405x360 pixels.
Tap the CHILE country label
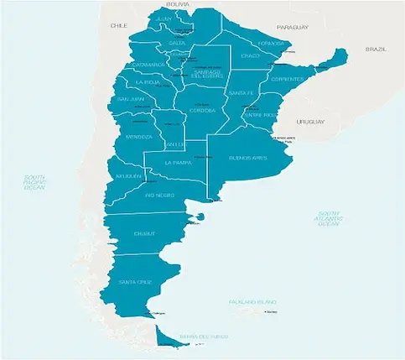click(x=118, y=26)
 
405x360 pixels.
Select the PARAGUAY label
click(x=293, y=27)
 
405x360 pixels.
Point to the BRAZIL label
click(x=376, y=50)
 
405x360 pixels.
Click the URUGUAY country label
click(x=310, y=123)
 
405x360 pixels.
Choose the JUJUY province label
click(x=164, y=18)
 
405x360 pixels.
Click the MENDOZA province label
click(x=138, y=136)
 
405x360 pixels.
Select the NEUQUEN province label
click(x=129, y=176)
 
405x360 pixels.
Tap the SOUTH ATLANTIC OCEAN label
click(x=329, y=220)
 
